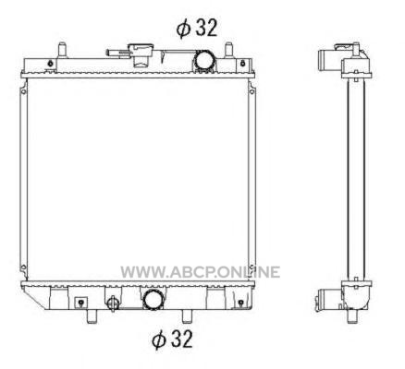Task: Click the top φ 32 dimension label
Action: pyautogui.click(x=197, y=28)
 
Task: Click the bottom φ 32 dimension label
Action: pyautogui.click(x=172, y=339)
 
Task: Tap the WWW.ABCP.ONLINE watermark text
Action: pyautogui.click(x=201, y=272)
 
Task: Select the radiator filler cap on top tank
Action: pyautogui.click(x=141, y=54)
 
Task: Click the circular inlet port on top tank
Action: pyautogui.click(x=203, y=61)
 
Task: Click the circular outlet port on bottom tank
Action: pyautogui.click(x=153, y=299)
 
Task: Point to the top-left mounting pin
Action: pyautogui.click(x=62, y=49)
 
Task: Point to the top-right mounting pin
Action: pyautogui.click(x=228, y=49)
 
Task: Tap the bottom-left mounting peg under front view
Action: pyautogui.click(x=92, y=316)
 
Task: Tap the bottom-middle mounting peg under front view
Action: pyautogui.click(x=187, y=316)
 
